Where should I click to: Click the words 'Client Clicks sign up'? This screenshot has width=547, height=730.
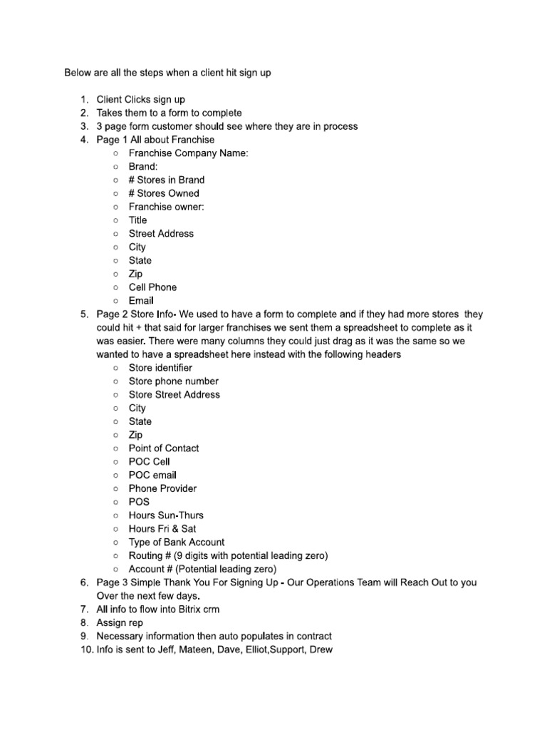pos(140,100)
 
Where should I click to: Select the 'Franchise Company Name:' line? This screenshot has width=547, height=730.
pos(188,153)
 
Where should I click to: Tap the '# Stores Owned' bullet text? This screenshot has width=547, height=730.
pos(164,193)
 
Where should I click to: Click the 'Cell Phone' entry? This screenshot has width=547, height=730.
pos(152,287)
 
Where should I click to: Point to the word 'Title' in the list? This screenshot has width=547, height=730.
pos(137,220)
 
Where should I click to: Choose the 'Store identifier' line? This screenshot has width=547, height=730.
pos(160,368)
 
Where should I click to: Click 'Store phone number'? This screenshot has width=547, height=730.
pos(173,381)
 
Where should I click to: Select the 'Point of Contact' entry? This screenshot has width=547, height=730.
pos(164,448)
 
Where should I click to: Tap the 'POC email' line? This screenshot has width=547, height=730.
pos(152,475)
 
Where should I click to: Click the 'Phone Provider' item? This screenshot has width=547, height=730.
pos(162,488)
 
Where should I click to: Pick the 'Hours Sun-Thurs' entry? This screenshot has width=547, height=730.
pos(166,515)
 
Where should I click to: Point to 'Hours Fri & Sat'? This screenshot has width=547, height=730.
pos(162,529)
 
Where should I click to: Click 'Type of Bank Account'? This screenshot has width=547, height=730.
pos(177,543)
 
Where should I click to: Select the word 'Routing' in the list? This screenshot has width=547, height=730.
pos(146,556)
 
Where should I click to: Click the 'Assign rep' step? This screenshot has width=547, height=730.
pos(120,623)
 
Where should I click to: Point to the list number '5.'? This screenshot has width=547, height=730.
pos(84,314)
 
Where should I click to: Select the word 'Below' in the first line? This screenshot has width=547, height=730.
pos(78,73)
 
